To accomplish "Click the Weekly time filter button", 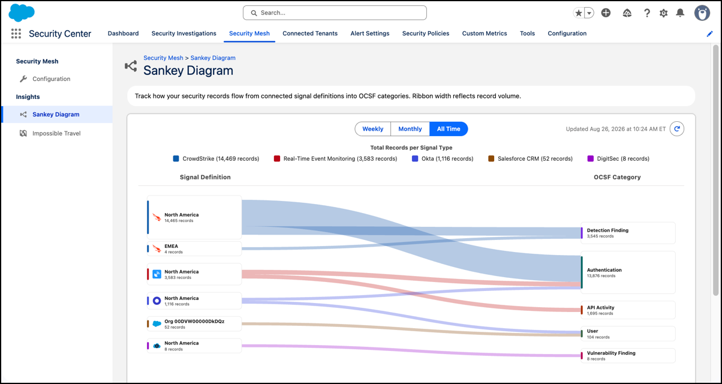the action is (x=372, y=129).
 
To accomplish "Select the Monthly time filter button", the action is (x=410, y=129).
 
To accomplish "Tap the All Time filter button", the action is (x=449, y=129).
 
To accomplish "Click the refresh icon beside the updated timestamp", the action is (x=677, y=129).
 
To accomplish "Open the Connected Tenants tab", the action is (x=310, y=33).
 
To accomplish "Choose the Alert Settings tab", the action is (x=370, y=33).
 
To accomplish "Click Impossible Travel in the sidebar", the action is (x=56, y=133).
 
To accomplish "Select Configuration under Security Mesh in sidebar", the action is (x=51, y=79).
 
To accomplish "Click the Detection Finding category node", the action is (x=628, y=233).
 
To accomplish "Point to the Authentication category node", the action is (x=628, y=272).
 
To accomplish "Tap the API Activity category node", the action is (x=628, y=310).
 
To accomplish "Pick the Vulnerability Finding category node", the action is (x=628, y=356).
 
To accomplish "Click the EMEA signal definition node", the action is (x=194, y=248).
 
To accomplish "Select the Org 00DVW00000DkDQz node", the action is (x=194, y=324).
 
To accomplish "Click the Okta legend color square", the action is (x=415, y=158).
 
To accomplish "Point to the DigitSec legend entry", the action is (x=618, y=158).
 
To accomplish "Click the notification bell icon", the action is (x=680, y=13).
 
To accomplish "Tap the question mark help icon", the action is (x=646, y=13).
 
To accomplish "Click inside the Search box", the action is (x=335, y=13).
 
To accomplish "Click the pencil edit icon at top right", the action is (x=710, y=34).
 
